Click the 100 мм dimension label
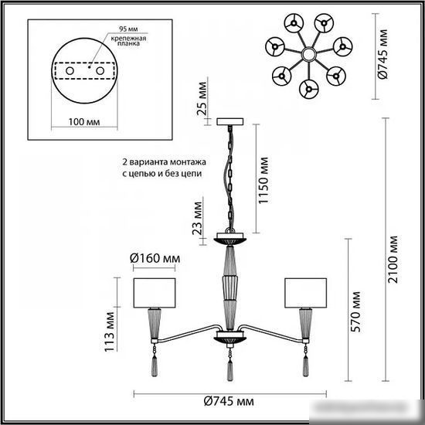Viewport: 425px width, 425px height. [x=84, y=122]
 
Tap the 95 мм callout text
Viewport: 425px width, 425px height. [x=128, y=29]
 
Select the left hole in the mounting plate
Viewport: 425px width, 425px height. [x=70, y=71]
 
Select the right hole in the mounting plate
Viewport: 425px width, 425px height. [x=100, y=71]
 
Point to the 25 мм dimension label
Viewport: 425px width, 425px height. [x=202, y=99]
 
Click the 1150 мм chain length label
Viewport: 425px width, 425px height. [x=263, y=181]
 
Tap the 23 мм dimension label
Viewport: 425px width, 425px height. [x=198, y=218]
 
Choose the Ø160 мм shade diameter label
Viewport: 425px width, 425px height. [x=155, y=258]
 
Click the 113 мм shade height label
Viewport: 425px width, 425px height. [x=110, y=332]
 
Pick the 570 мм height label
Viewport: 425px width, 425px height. [x=355, y=312]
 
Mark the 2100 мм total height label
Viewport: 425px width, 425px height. [x=393, y=260]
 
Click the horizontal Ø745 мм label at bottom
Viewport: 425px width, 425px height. [x=229, y=401]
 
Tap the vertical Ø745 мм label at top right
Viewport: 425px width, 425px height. [x=382, y=54]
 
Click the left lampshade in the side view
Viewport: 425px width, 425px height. [x=155, y=293]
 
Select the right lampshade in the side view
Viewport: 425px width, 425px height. [x=305, y=293]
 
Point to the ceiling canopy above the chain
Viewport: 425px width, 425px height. [x=230, y=121]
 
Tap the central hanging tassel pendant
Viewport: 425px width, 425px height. [x=230, y=367]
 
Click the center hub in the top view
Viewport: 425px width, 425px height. [x=309, y=55]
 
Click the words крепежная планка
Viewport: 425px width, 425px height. [x=128, y=41]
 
